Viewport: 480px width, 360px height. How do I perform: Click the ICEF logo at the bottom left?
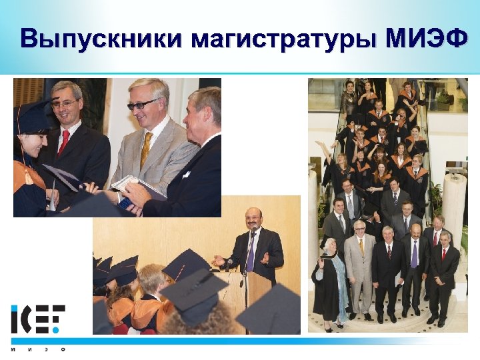click(38, 319)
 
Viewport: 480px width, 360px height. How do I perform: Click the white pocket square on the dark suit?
click(185, 175)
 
